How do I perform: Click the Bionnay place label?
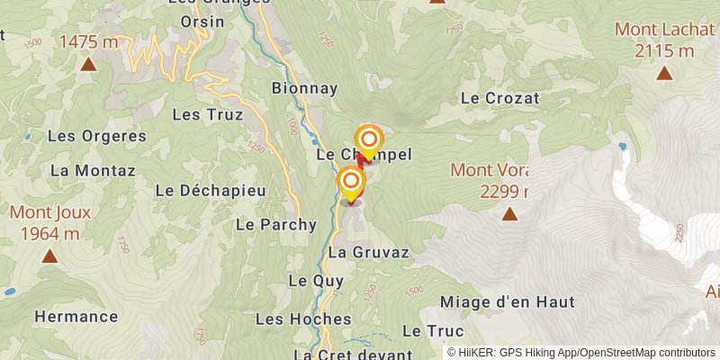click(304, 88)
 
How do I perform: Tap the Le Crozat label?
click(499, 97)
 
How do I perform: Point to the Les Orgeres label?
click(96, 136)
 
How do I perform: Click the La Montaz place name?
click(93, 170)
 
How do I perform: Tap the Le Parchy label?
click(276, 224)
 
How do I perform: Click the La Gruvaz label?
click(369, 253)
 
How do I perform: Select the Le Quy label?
click(310, 281)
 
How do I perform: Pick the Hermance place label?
click(76, 316)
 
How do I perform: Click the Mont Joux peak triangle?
click(49, 256)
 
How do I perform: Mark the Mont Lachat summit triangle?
click(664, 74)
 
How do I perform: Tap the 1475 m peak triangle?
click(88, 64)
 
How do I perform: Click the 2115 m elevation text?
click(665, 50)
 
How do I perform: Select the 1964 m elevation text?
click(49, 233)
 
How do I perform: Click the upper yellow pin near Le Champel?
click(369, 140)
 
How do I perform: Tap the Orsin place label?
click(202, 22)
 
